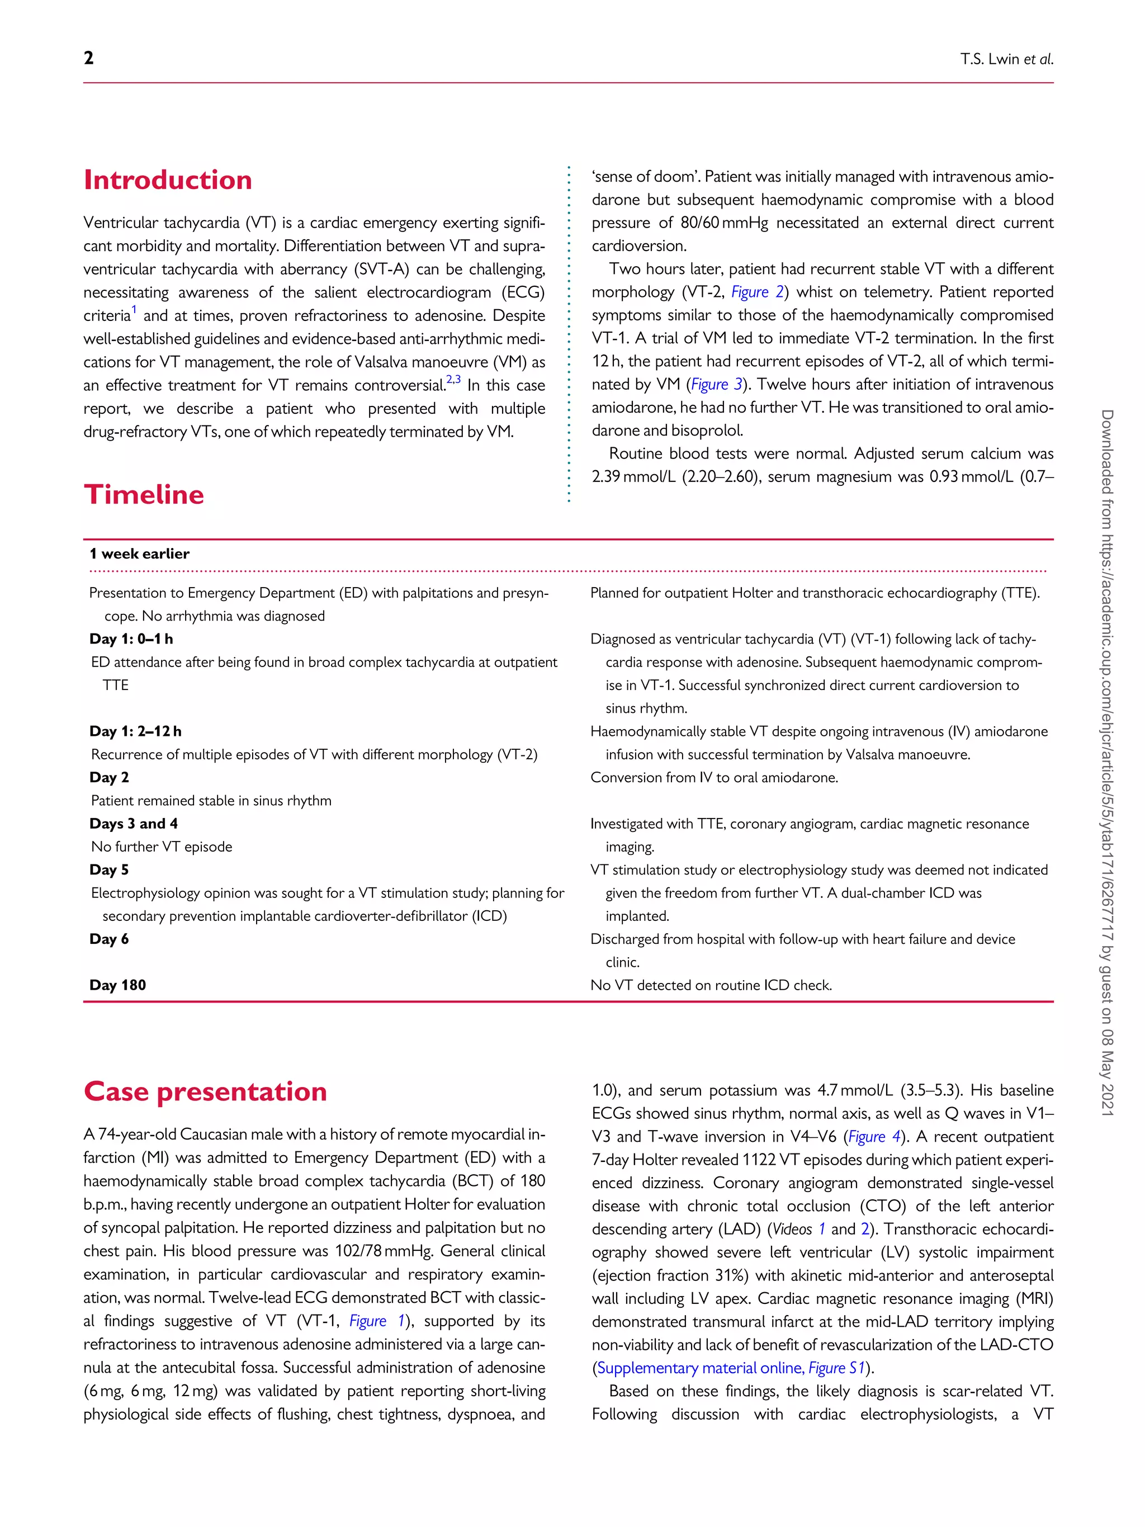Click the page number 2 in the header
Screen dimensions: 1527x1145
point(88,58)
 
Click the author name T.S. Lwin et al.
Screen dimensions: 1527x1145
point(1006,59)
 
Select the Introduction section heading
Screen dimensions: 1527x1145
point(168,180)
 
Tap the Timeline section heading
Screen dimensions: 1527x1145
point(144,495)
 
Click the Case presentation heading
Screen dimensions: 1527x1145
point(205,1091)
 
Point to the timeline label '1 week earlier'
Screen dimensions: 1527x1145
point(139,554)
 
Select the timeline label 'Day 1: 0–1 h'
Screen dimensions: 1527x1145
point(131,639)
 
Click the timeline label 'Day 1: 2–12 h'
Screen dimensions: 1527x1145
point(135,731)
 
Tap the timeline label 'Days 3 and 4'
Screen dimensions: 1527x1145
point(133,824)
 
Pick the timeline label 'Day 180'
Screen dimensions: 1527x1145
point(117,985)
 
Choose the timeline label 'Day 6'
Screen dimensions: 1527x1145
point(108,939)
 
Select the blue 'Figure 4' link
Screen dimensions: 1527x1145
point(874,1136)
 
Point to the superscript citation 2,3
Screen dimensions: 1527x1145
point(453,380)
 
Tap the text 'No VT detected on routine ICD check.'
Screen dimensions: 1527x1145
point(711,985)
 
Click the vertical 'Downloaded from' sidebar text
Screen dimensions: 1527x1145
point(1106,759)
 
